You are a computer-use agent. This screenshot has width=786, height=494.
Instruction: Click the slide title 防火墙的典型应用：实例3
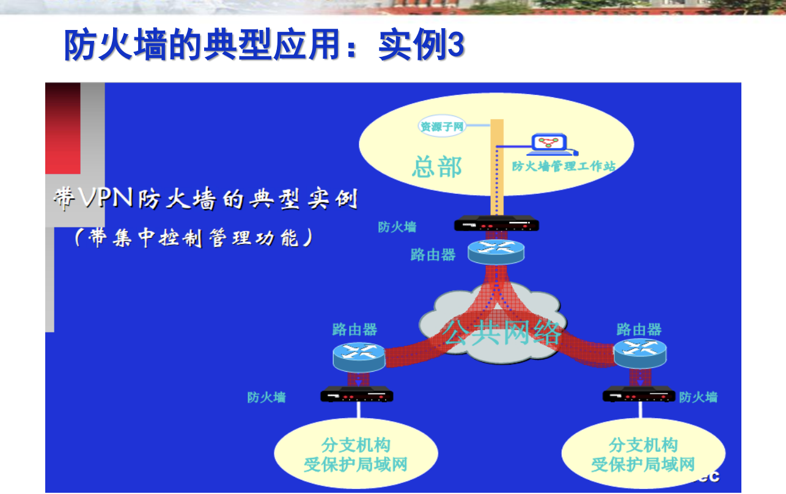point(265,45)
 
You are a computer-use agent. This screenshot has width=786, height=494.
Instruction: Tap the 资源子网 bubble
point(442,126)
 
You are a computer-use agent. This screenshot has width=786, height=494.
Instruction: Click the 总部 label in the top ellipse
point(437,167)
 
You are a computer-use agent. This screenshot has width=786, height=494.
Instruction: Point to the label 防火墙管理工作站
point(564,166)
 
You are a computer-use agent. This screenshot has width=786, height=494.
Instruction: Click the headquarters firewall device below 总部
point(496,223)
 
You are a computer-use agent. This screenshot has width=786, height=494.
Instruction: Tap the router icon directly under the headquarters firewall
point(496,252)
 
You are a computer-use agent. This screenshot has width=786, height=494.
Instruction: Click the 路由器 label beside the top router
point(433,254)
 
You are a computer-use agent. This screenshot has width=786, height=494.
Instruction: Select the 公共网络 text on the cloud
point(501,333)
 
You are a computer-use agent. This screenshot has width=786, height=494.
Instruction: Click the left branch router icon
point(359,357)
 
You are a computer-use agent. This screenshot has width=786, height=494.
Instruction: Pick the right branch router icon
point(641,353)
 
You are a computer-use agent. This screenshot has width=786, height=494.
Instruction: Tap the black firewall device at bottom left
point(357,394)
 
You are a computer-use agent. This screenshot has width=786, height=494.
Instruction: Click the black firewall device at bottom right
point(639,394)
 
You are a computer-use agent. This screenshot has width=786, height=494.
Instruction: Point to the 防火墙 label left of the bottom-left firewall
point(266,397)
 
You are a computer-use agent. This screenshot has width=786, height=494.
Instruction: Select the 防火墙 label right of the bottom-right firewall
point(698,397)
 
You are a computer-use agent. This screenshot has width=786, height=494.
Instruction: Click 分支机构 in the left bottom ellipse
point(356,445)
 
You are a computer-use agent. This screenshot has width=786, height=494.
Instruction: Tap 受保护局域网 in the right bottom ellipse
point(643,465)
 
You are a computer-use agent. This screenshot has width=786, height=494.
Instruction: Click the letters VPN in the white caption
point(106,197)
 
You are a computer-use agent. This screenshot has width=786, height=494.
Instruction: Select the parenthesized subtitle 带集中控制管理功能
point(193,238)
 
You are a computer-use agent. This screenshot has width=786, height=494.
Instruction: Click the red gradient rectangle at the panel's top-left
point(63,128)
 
